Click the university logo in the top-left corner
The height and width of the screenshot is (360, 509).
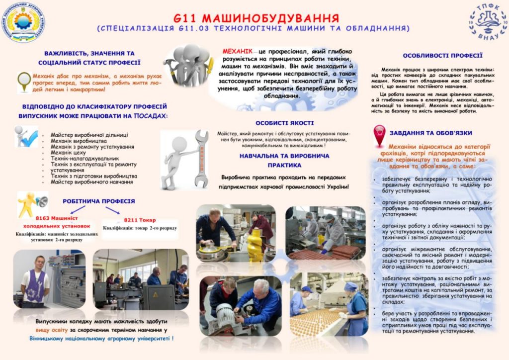coord(24,22)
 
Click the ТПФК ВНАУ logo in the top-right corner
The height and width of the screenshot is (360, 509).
coord(487,22)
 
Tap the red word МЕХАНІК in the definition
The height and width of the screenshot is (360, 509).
coord(237,51)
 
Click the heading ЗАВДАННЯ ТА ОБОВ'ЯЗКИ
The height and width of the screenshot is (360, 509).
coord(431,133)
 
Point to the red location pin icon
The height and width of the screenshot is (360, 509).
coord(379,135)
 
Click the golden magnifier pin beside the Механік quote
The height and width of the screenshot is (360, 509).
coord(23,81)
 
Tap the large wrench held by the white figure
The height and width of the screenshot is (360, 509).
coord(202,156)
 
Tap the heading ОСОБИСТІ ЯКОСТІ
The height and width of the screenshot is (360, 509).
coord(285,123)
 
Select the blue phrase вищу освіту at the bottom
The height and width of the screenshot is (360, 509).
coord(53,330)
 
